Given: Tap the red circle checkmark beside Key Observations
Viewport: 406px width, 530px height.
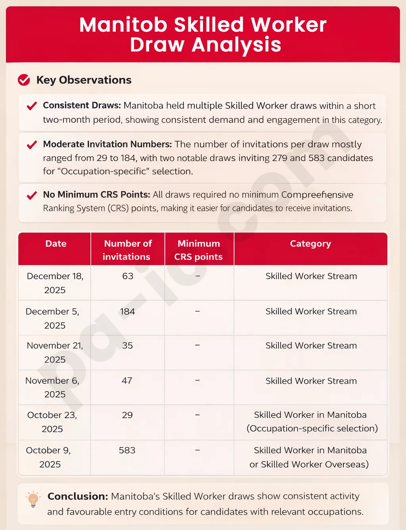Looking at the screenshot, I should [24, 80].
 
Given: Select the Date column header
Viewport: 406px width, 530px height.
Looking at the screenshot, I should [56, 244].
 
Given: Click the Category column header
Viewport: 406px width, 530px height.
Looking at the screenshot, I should [310, 244].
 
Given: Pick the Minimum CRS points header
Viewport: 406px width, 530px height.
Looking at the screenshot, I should [199, 250].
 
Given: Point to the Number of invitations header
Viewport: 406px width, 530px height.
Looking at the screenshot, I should [127, 250].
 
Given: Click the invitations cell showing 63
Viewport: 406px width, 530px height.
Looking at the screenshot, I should [128, 276].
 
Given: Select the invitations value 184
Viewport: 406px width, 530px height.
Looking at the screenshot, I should [128, 311].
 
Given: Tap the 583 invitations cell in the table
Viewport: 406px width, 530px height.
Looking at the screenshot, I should [127, 450].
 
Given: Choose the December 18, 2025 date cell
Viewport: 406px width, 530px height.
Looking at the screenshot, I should [55, 283].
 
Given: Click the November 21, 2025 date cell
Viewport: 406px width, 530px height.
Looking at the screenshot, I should [55, 352].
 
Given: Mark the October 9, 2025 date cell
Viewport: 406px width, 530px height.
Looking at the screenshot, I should [49, 457].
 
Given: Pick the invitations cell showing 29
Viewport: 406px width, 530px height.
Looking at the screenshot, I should [127, 415].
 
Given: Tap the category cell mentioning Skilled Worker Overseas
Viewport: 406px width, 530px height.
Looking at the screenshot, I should [310, 457].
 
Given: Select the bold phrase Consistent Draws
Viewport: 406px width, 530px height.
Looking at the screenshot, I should [82, 106].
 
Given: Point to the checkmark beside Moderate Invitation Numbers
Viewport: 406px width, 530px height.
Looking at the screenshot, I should [32, 145].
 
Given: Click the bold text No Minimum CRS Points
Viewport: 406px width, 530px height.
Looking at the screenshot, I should [96, 195].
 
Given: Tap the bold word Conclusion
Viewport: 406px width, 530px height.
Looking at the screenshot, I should [78, 496].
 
